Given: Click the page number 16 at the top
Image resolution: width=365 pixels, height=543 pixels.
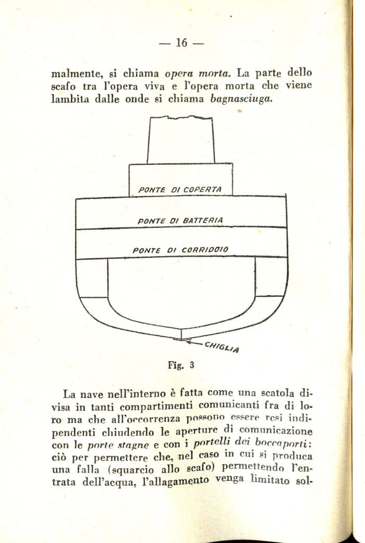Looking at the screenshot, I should pyautogui.click(x=181, y=43).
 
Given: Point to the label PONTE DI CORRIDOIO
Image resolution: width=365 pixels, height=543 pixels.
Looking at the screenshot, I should pyautogui.click(x=180, y=250).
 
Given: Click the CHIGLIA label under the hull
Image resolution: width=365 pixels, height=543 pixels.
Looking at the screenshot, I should pyautogui.click(x=222, y=347).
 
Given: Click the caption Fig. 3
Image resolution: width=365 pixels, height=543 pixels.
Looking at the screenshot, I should pyautogui.click(x=181, y=365).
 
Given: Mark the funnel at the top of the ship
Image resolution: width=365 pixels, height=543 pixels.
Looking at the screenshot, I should pyautogui.click(x=181, y=140).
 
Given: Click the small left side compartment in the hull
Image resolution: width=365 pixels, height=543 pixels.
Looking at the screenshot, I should pyautogui.click(x=92, y=278).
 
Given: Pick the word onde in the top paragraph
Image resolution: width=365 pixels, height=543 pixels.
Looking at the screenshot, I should pyautogui.click(x=138, y=99).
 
